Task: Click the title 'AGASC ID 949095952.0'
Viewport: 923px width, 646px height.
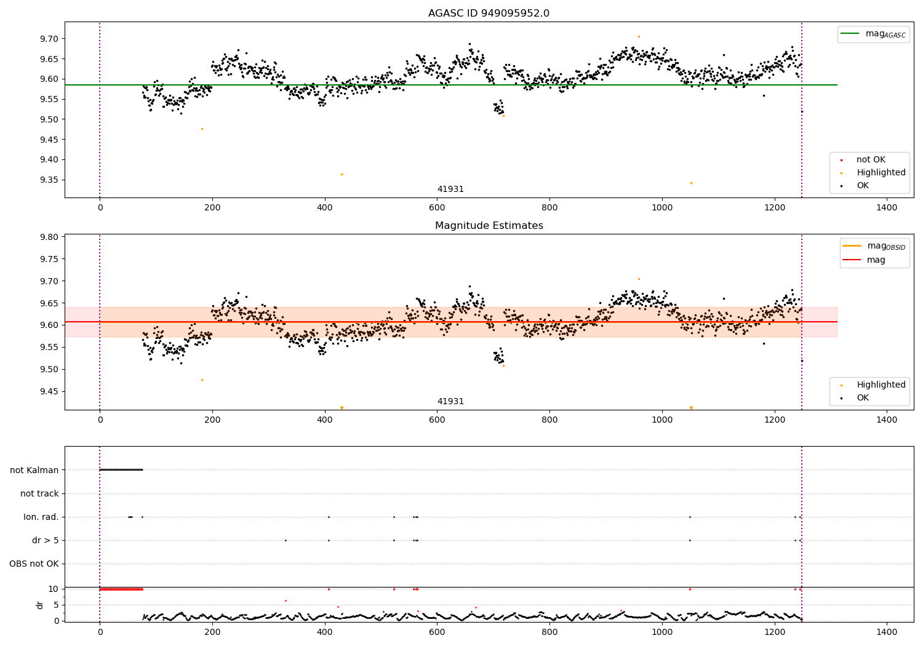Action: pyautogui.click(x=489, y=14)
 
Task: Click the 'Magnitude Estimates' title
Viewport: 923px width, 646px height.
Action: pyautogui.click(x=489, y=226)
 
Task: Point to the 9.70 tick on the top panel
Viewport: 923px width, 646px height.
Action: pyautogui.click(x=49, y=39)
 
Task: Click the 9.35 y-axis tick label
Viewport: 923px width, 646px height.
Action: pyautogui.click(x=49, y=180)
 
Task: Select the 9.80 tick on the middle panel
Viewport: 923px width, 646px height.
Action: pyautogui.click(x=49, y=237)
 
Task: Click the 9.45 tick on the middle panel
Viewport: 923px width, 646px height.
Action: pyautogui.click(x=49, y=391)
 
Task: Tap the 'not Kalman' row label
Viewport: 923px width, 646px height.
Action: pyautogui.click(x=34, y=470)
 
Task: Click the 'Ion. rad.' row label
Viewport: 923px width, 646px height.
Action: pyautogui.click(x=41, y=517)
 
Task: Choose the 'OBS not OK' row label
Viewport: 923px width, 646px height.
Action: pyautogui.click(x=34, y=564)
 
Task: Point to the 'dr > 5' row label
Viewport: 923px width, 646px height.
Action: pyautogui.click(x=46, y=540)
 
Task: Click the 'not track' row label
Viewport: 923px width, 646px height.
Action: pyautogui.click(x=39, y=493)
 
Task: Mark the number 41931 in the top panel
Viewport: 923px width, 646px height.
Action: pyautogui.click(x=450, y=189)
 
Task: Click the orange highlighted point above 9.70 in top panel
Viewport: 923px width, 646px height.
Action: pyautogui.click(x=639, y=36)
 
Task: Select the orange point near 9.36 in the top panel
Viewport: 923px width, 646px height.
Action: pyautogui.click(x=342, y=174)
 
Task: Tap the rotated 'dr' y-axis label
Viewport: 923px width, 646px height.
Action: pyautogui.click(x=40, y=605)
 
